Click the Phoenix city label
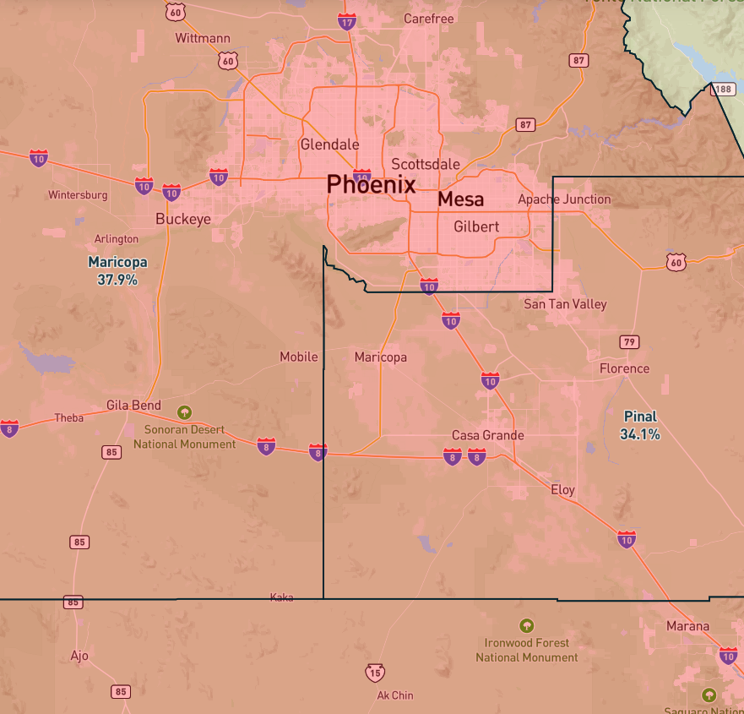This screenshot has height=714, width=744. tap(371, 184)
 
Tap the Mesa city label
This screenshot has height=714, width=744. tap(461, 199)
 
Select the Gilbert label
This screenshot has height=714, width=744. tap(476, 226)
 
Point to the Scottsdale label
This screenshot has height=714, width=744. tap(426, 164)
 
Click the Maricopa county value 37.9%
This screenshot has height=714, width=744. tap(117, 279)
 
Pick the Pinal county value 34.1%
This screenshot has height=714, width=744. tap(640, 434)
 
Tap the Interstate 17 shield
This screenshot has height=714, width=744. tap(347, 22)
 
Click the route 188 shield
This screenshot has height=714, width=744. tap(724, 89)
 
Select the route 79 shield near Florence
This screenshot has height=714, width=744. tap(629, 341)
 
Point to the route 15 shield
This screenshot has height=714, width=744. tap(376, 673)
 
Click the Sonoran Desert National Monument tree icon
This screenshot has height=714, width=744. tap(184, 412)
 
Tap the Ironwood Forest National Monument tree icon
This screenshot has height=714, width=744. tap(527, 626)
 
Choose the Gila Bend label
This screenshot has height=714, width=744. tap(133, 406)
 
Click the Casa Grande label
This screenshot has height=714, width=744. tap(488, 435)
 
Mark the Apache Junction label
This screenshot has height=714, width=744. tap(564, 199)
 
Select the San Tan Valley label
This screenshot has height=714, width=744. tap(565, 304)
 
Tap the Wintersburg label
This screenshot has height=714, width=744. tap(78, 195)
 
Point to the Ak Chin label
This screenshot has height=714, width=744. tap(395, 695)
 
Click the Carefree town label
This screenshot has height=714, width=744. tap(429, 19)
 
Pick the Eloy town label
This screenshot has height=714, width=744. tap(562, 490)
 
